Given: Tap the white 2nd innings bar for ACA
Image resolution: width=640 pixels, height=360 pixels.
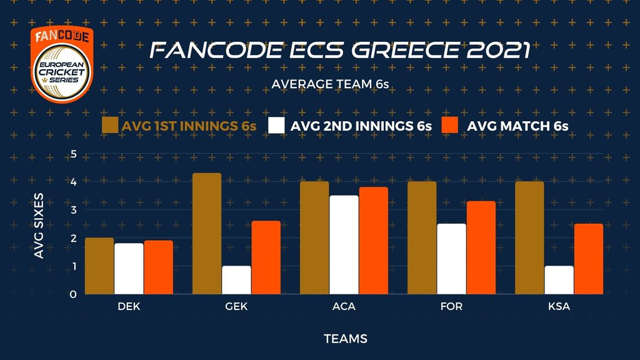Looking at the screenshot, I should pos(344,244).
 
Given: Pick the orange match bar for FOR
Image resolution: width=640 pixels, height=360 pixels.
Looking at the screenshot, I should pos(481,247).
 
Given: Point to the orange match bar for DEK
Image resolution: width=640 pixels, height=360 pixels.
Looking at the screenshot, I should pos(158,267).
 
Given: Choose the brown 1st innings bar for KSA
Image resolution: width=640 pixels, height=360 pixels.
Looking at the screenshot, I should pos(529,237).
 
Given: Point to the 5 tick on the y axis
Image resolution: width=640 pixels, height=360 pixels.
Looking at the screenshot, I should pos(74,154).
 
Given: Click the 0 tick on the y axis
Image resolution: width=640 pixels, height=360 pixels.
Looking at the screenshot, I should pos(74,294).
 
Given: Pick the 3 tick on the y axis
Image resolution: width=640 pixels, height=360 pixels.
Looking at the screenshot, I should pos(74,210).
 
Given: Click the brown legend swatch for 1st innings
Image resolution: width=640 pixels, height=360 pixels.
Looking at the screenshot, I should pos(110,125).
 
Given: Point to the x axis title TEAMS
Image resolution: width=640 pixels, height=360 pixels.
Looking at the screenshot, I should pos(345,339).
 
